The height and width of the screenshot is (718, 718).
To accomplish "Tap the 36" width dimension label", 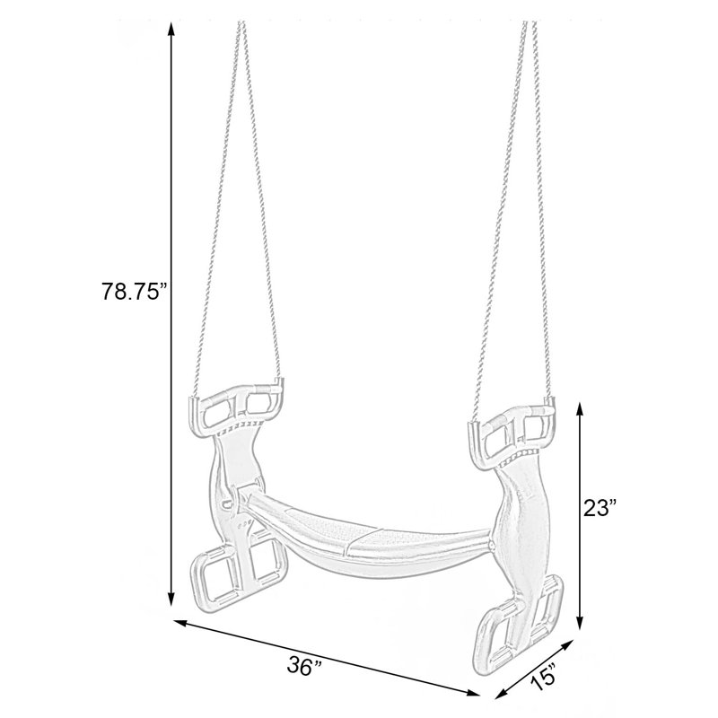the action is pos(304,666).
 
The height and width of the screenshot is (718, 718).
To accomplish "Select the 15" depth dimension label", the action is pos(545,679).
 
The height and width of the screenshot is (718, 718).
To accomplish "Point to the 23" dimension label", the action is pos(600,508).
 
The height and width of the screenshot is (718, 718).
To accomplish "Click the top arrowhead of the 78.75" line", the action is pos(171,29).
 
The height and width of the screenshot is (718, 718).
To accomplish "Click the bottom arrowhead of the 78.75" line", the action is pos(171,598).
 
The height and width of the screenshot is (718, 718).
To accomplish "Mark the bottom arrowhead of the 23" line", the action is pos(580,622).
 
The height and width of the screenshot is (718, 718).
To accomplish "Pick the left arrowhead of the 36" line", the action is pos(180,622).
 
